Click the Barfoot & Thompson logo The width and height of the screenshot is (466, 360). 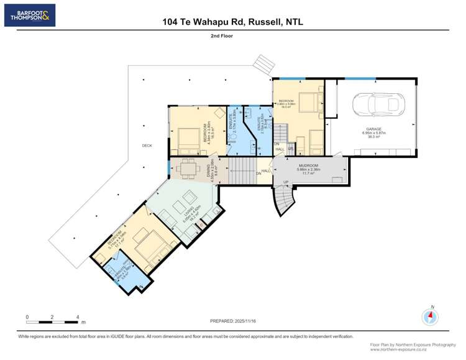29,15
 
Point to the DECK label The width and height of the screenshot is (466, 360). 147,145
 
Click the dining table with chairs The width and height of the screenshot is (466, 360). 187,168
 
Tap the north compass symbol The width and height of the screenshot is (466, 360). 429,316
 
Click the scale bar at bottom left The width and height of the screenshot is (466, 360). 52,321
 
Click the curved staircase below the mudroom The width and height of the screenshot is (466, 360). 286,200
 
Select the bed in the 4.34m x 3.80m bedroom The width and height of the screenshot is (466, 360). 187,137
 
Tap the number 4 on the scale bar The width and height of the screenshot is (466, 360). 78,317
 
